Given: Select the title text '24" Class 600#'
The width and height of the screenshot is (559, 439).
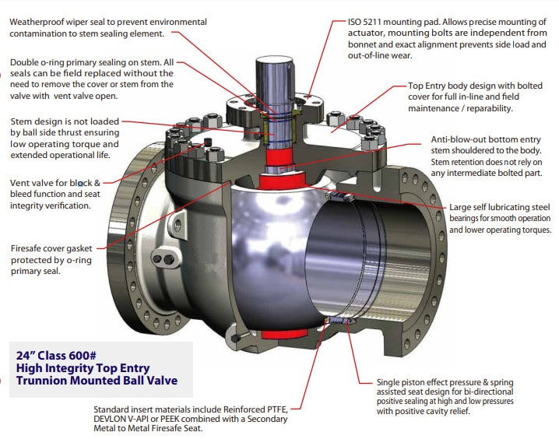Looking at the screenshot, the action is coord(56,355).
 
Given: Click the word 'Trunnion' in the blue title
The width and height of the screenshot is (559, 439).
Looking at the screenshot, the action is coord(41,380).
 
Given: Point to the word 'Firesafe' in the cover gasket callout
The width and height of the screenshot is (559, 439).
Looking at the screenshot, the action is coord(27,248).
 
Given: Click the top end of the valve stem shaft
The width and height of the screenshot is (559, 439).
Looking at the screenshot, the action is coord(275,59).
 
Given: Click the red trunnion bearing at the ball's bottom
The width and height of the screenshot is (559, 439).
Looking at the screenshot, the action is coord(284,334).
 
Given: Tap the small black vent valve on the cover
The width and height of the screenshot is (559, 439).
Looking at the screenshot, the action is coord(209,142).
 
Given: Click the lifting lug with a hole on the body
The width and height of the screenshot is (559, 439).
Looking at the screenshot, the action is coord(177,223).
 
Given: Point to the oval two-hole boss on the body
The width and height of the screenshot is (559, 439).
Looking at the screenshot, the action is coord(163,259).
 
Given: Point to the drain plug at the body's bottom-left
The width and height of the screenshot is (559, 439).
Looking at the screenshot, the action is coord(237,338).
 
